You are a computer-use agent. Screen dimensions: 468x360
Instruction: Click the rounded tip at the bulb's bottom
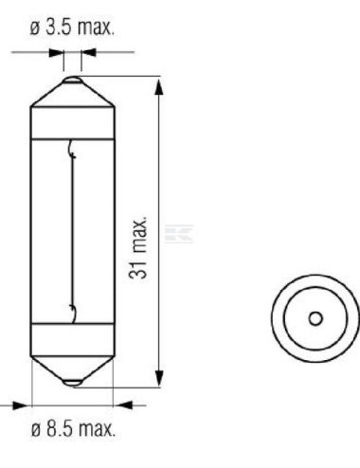[72, 382]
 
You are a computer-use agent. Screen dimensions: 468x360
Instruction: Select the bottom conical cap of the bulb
[72, 365]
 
